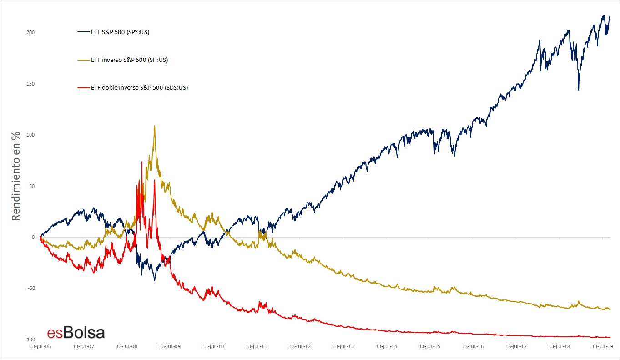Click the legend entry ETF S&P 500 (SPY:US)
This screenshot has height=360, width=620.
[120, 32]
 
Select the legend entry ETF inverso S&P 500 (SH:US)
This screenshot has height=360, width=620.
[129, 60]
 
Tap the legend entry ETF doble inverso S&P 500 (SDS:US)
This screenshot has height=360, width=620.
[139, 87]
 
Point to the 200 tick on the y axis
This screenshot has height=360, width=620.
[30, 33]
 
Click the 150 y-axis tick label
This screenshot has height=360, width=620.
[30, 84]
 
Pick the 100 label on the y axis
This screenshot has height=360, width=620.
[30, 135]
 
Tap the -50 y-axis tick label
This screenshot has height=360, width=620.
[30, 289]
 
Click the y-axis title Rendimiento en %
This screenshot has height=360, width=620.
[16, 176]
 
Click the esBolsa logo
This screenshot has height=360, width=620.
[76, 333]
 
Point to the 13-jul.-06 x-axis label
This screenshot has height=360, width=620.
[40, 347]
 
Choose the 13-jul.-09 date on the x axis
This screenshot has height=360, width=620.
[170, 347]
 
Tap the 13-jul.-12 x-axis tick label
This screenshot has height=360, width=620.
[300, 347]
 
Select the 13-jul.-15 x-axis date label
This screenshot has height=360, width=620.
[430, 347]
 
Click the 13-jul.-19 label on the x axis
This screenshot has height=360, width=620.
[603, 347]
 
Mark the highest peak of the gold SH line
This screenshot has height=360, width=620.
[155, 126]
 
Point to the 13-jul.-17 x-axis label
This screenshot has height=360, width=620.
[516, 347]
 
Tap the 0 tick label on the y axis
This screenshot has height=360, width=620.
[33, 237]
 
